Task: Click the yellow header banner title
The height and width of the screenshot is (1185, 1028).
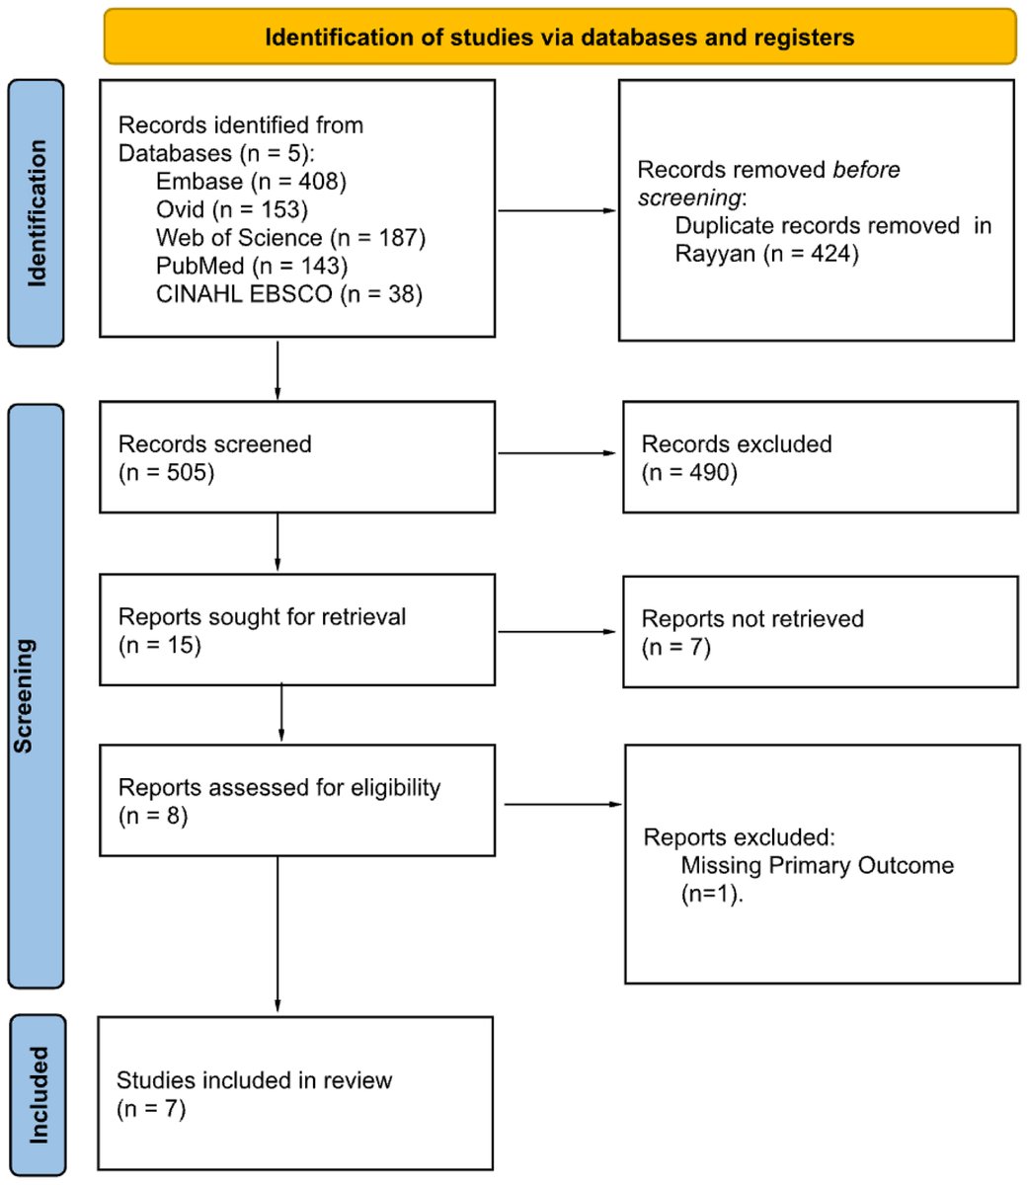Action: [x=559, y=38]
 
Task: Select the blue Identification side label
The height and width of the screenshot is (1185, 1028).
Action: [x=37, y=213]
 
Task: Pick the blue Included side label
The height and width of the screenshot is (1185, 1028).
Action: [x=38, y=1095]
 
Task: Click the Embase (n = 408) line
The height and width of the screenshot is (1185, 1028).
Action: [x=251, y=181]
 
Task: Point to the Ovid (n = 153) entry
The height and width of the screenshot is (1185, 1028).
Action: [x=232, y=209]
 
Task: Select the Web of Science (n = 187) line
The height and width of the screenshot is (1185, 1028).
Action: [x=289, y=238]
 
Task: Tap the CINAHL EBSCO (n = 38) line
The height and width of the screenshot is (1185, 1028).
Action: [x=288, y=294]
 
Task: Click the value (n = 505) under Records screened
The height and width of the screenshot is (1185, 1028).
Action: [x=166, y=472]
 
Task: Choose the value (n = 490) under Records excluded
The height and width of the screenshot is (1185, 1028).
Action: [x=689, y=472]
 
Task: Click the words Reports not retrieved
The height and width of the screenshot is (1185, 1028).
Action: [x=752, y=619]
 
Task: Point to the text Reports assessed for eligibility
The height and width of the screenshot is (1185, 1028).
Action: [x=279, y=788]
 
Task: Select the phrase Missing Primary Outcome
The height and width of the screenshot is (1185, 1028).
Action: [x=818, y=866]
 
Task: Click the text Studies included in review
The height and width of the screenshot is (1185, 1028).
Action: [x=255, y=1080]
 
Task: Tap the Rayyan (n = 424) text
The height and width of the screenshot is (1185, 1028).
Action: [x=767, y=254]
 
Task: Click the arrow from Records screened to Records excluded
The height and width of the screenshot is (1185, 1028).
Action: [x=558, y=454]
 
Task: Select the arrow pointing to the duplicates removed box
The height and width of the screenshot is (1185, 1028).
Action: [x=558, y=211]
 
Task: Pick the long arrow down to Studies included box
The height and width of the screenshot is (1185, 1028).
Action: [x=278, y=933]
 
